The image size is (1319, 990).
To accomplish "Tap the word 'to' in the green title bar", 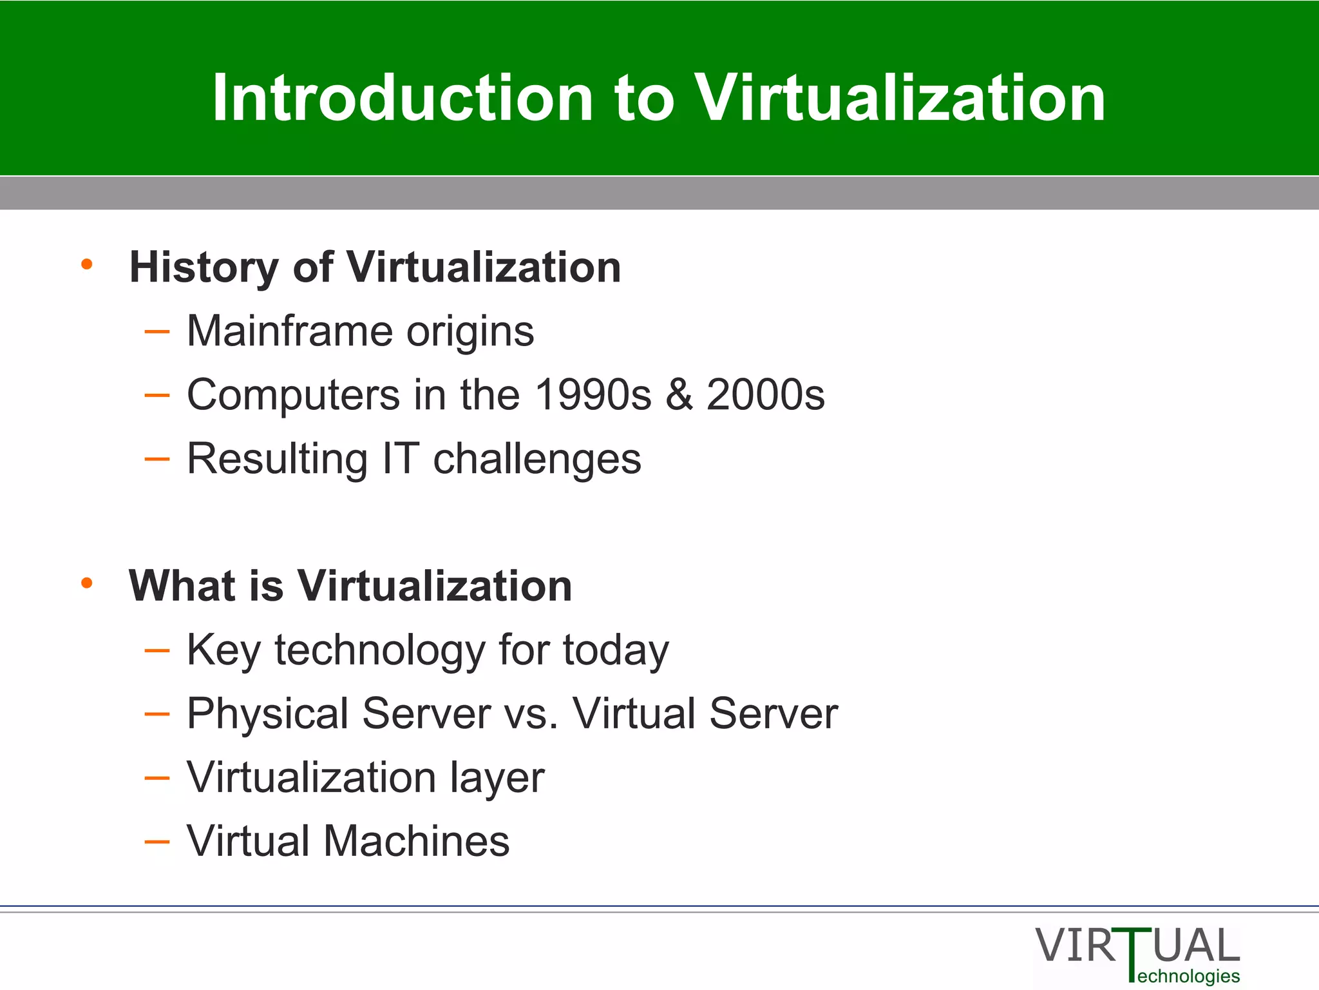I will [645, 99].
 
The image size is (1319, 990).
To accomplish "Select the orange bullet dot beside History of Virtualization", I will [87, 264].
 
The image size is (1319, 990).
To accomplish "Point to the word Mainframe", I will [288, 331].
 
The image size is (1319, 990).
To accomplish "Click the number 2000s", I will [765, 394].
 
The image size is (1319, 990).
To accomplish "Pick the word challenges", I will [537, 459].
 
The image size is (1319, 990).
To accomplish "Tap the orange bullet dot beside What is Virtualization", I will [87, 583].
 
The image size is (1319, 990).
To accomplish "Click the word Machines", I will [416, 841].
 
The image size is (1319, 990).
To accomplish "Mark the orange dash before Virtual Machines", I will [157, 842].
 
